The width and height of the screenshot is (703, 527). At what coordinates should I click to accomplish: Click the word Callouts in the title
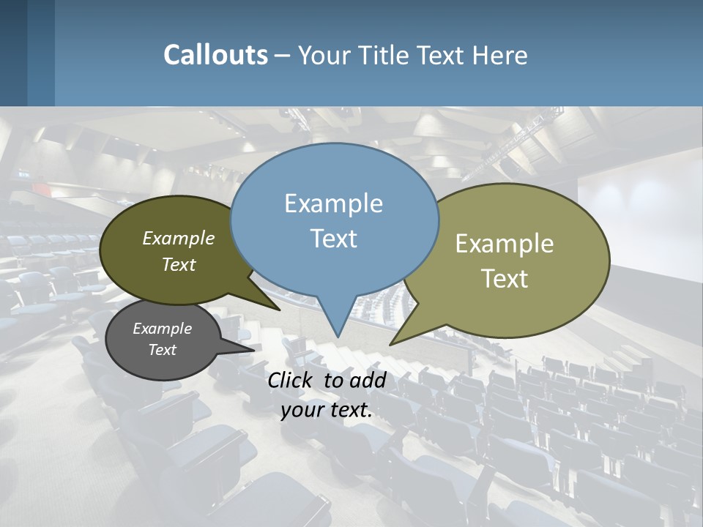point(215,55)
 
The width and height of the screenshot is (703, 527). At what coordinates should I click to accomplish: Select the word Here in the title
point(501,55)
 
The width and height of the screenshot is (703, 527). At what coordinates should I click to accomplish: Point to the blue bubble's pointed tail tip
point(338,336)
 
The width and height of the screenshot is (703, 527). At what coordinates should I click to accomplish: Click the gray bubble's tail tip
point(253,349)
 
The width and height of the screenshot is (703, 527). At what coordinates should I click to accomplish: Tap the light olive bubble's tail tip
point(391,344)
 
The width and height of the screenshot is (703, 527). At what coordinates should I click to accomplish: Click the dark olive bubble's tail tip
point(279,310)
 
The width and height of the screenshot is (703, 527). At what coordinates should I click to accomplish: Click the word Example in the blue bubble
point(333,203)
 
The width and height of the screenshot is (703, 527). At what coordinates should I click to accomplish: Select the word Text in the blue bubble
point(334,239)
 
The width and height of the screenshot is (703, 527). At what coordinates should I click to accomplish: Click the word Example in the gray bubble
point(162,329)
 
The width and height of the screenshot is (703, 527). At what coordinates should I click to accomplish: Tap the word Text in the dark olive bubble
point(179,264)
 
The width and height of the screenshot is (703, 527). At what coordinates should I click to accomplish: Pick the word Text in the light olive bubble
point(505,279)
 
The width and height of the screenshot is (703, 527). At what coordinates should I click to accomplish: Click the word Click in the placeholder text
point(289,380)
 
